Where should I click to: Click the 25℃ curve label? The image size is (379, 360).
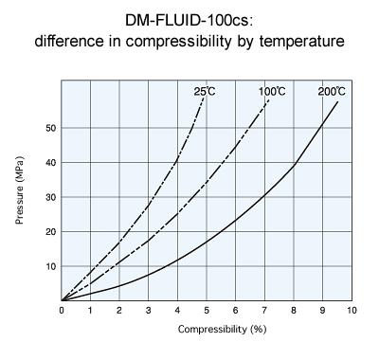click(205, 91)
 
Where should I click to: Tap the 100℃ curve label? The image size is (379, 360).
click(272, 91)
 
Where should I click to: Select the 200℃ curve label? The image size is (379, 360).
click(332, 91)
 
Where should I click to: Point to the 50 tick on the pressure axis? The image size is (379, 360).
click(51, 128)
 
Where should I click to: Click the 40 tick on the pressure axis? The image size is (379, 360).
click(51, 163)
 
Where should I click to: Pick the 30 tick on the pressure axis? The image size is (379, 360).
click(51, 197)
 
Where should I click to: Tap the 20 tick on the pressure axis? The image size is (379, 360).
click(51, 232)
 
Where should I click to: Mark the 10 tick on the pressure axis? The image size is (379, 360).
click(51, 266)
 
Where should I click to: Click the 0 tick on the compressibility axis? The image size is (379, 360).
click(62, 310)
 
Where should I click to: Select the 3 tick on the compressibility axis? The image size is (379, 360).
click(149, 310)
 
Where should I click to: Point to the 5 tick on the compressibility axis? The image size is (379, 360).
click(207, 310)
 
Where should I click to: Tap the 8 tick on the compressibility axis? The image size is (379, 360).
click(294, 310)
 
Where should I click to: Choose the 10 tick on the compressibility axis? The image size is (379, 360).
click(351, 310)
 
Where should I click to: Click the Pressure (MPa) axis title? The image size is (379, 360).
click(20, 202)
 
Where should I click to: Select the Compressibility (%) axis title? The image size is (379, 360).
click(206, 331)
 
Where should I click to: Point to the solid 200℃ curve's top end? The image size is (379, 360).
click(338, 100)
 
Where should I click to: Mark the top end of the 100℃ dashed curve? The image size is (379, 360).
click(269, 98)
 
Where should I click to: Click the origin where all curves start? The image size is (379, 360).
click(62, 299)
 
